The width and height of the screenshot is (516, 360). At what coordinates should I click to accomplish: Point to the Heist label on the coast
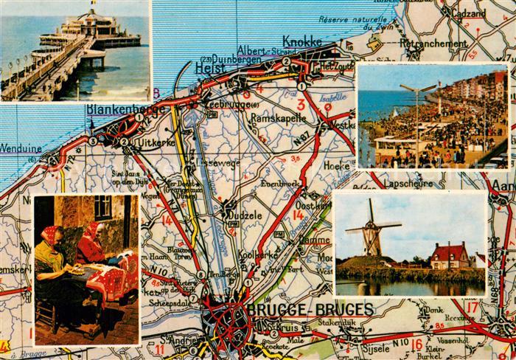tap(212, 68)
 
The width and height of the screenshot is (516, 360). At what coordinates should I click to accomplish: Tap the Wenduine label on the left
tap(21, 148)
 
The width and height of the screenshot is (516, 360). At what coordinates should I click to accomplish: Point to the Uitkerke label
tap(154, 142)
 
